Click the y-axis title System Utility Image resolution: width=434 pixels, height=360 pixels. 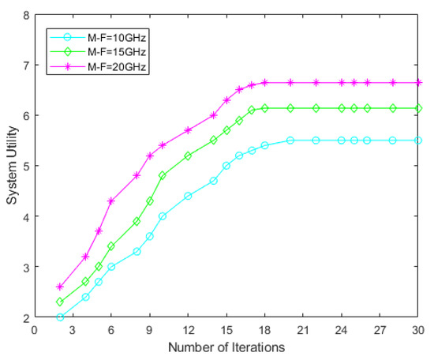point(13,167)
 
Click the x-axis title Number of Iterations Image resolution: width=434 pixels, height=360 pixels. point(226,347)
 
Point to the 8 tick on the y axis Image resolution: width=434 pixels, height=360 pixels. point(25,15)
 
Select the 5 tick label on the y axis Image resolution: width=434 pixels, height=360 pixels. point(25,167)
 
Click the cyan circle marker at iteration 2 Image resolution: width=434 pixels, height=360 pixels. point(60,317)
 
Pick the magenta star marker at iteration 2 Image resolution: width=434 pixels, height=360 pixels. point(60,287)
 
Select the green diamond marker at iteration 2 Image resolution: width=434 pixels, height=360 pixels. point(60,302)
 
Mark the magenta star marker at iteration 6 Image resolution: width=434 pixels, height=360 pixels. point(111,201)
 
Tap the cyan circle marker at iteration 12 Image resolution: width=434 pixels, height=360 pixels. point(188,196)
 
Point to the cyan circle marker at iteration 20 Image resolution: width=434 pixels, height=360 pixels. point(290,141)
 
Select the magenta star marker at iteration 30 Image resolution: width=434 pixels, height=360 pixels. point(418,83)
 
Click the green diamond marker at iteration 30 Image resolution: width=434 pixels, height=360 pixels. point(418,108)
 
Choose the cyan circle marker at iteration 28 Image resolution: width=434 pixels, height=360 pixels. point(393,141)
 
